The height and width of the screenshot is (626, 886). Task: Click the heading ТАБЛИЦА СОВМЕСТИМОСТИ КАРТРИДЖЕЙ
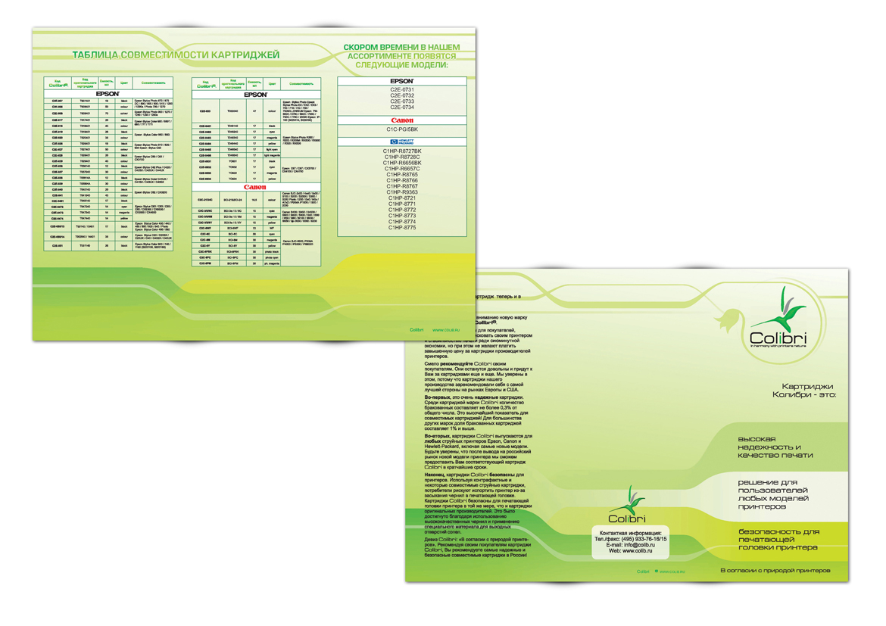pos(176,55)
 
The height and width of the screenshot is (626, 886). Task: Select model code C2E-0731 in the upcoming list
pos(402,89)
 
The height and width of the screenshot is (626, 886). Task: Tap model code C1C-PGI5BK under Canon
pos(402,129)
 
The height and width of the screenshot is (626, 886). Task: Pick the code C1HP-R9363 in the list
pos(402,192)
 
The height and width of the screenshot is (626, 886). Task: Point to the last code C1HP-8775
pos(402,227)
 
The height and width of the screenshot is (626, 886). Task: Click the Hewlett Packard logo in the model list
pos(402,142)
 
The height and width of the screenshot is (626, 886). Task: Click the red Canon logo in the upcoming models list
pos(402,120)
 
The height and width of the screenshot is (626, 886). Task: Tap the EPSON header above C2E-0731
pos(402,81)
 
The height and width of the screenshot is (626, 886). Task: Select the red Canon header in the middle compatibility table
pos(255,187)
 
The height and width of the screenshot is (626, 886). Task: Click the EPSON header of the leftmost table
pos(108,94)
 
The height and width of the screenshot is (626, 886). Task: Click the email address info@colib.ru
pos(641,544)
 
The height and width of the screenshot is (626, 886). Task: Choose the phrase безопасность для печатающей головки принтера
pos(778,540)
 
